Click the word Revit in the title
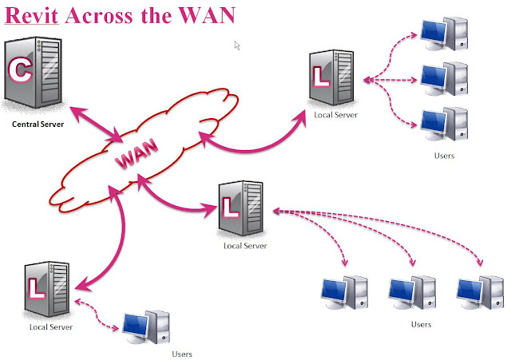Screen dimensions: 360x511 (x=33, y=15)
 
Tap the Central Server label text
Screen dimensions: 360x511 (x=38, y=125)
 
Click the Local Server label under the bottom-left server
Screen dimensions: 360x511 (x=51, y=327)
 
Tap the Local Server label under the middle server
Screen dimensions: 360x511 (x=245, y=245)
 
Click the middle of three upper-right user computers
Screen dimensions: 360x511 (x=444, y=78)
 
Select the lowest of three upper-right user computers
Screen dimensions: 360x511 (x=444, y=122)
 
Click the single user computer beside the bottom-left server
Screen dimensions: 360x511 (x=147, y=325)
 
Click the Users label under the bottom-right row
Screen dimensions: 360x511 (x=421, y=324)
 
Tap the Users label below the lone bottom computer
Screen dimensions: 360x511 (x=182, y=353)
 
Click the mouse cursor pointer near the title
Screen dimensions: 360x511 (x=236, y=45)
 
